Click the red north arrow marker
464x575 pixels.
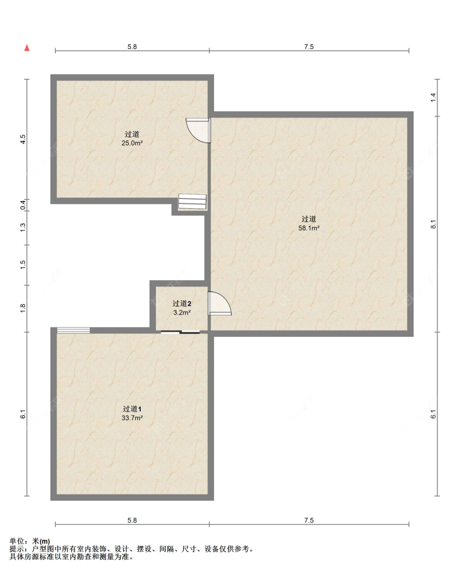(27, 48)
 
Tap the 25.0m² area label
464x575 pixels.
(132, 143)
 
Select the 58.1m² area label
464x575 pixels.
(309, 228)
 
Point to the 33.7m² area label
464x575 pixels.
(132, 418)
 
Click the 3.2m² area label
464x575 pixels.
(182, 312)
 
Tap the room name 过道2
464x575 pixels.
(182, 304)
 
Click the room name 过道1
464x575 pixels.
(132, 409)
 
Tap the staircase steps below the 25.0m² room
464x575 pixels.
(192, 201)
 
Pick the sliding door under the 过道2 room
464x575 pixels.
(180, 332)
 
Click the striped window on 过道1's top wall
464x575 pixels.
(73, 330)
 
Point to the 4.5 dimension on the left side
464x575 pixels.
(23, 139)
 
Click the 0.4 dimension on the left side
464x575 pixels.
(23, 205)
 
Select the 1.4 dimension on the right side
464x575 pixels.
(433, 97)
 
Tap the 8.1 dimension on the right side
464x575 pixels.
(433, 224)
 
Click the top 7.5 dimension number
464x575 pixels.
(309, 47)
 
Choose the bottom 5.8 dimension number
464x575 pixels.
(132, 520)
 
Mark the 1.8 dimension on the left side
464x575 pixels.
(23, 308)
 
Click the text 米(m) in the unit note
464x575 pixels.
(41, 541)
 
